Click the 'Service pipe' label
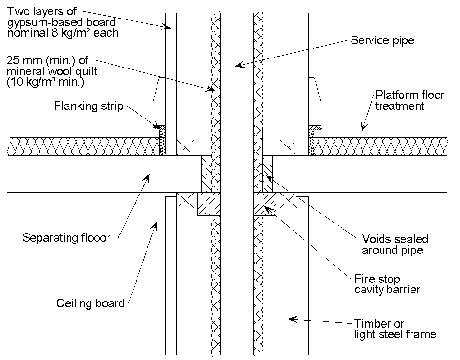pyautogui.click(x=382, y=40)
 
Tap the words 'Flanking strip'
pyautogui.click(x=88, y=106)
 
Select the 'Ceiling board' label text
pyautogui.click(x=90, y=303)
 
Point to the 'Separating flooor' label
pyautogui.click(x=66, y=237)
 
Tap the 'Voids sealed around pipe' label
pyautogui.click(x=395, y=244)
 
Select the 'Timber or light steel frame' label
pyautogui.click(x=394, y=329)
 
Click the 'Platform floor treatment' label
pyautogui.click(x=409, y=100)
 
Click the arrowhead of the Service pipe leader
pyautogui.click(x=239, y=66)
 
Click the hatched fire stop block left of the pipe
pyautogui.click(x=208, y=203)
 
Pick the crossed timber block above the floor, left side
pyautogui.click(x=184, y=147)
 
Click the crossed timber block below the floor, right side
pyautogui.click(x=288, y=200)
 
